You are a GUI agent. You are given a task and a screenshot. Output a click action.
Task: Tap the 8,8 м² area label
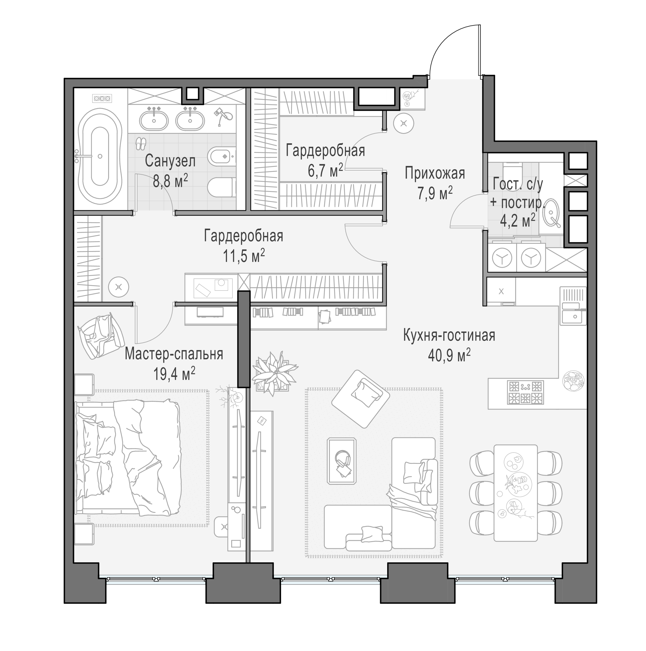click(170, 181)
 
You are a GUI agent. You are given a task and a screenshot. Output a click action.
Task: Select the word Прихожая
click(435, 173)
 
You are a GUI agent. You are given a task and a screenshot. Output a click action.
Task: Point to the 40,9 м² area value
click(449, 355)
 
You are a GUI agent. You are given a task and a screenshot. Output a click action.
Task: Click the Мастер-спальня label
click(174, 354)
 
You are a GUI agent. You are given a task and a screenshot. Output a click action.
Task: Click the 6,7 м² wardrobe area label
click(325, 170)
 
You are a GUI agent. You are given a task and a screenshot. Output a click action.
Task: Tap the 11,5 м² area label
click(244, 255)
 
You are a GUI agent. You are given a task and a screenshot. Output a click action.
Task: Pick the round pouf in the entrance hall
click(404, 124)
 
